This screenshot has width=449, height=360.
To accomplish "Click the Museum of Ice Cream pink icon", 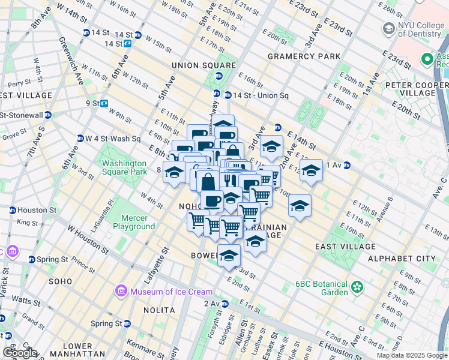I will (121, 291).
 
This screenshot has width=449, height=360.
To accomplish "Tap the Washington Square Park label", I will (124, 167).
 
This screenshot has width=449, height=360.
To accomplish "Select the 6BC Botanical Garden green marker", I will (358, 287).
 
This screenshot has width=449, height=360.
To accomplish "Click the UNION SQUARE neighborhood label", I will (203, 65).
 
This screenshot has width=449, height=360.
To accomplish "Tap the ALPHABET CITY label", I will (402, 258).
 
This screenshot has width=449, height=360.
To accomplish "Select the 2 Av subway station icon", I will (224, 304).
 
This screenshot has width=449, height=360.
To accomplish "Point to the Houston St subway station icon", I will (12, 211).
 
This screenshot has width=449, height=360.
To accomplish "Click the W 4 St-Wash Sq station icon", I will (80, 139).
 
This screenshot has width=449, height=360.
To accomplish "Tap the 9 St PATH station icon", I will (104, 103).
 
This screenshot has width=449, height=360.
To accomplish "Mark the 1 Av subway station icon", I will (347, 165).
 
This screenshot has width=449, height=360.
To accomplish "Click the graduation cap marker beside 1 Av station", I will (311, 170).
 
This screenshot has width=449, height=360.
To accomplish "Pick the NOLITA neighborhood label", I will (159, 310).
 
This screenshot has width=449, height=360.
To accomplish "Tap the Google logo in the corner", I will (20, 353).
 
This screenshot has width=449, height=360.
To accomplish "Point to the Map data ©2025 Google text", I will (411, 355).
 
